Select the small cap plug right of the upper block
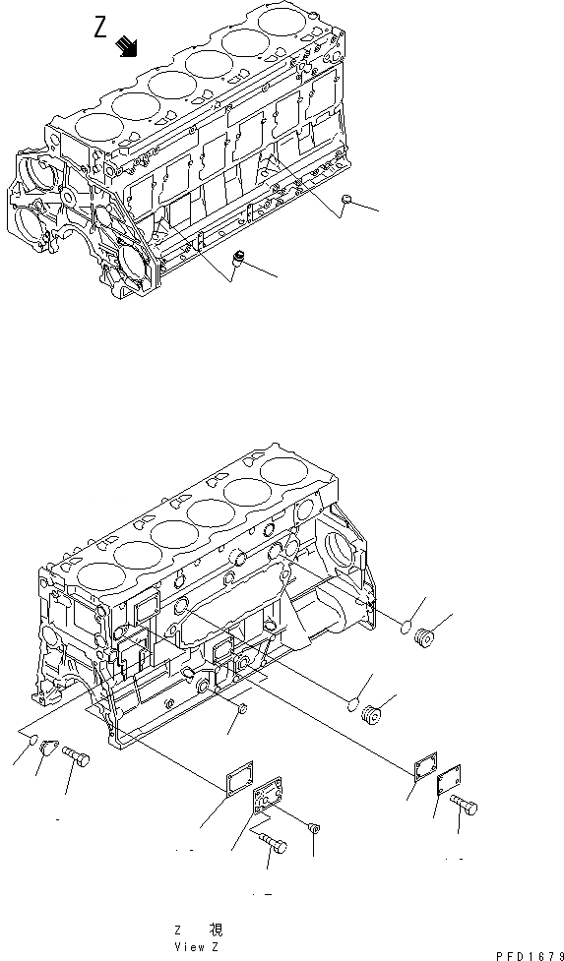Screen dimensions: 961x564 pyautogui.click(x=345, y=202)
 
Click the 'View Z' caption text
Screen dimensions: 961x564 pyautogui.click(x=198, y=945)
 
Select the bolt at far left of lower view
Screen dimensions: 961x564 pyautogui.click(x=78, y=758)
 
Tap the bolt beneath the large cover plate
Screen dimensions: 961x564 pyautogui.click(x=272, y=842)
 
